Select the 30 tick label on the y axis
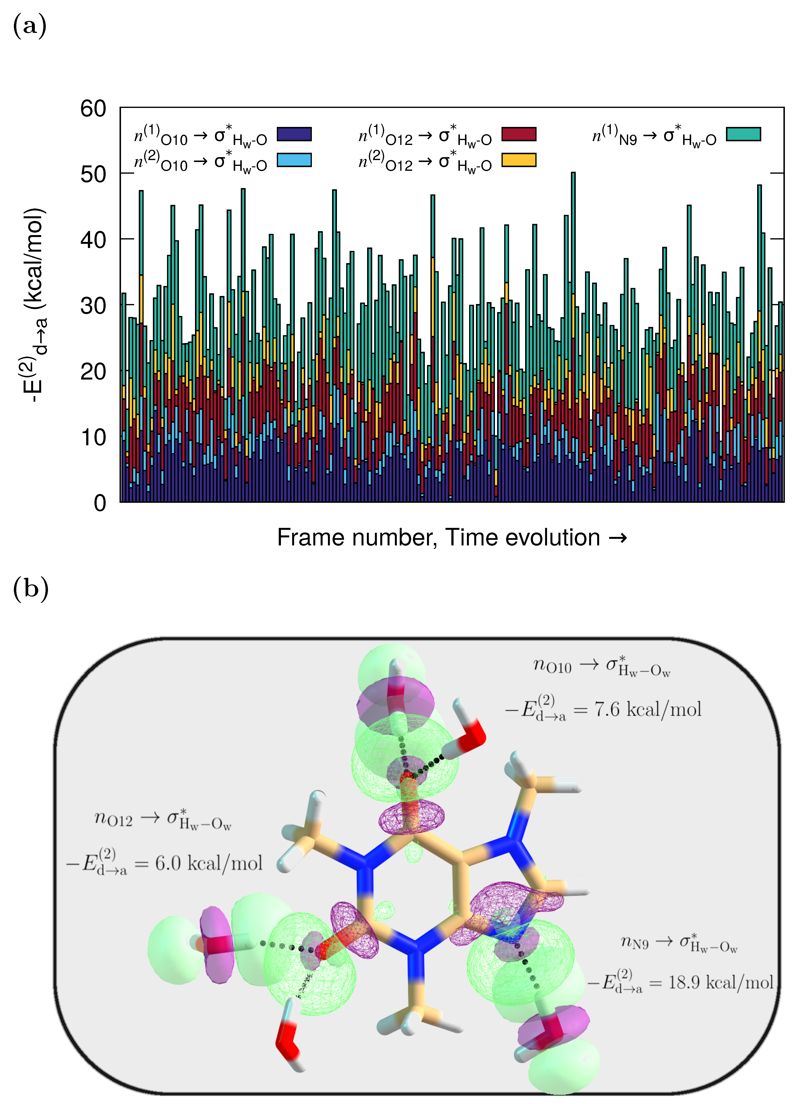click(93, 306)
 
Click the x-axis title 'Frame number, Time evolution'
click(452, 537)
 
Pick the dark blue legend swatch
click(294, 134)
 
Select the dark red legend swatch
click(519, 134)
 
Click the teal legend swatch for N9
click(743, 134)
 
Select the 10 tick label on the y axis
click(93, 437)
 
